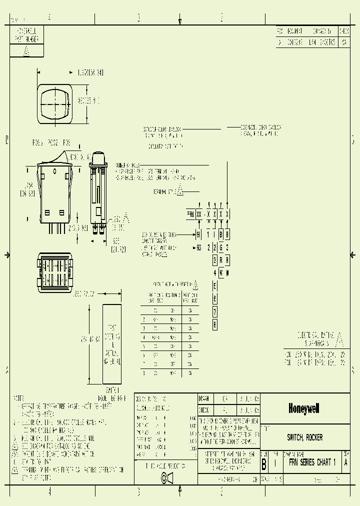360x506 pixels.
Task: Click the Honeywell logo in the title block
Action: click(303, 408)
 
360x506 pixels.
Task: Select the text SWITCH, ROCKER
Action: click(304, 437)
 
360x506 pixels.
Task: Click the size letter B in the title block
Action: click(263, 463)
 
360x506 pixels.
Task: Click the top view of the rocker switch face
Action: click(55, 104)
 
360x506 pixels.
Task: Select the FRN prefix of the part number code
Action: click(190, 214)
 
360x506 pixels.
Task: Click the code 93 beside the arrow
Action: click(198, 247)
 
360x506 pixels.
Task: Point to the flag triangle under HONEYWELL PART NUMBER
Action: click(26, 51)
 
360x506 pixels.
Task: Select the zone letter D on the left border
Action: click(7, 140)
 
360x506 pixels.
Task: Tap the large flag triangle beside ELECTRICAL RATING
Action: click(339, 339)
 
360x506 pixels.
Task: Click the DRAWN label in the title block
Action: click(203, 398)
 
